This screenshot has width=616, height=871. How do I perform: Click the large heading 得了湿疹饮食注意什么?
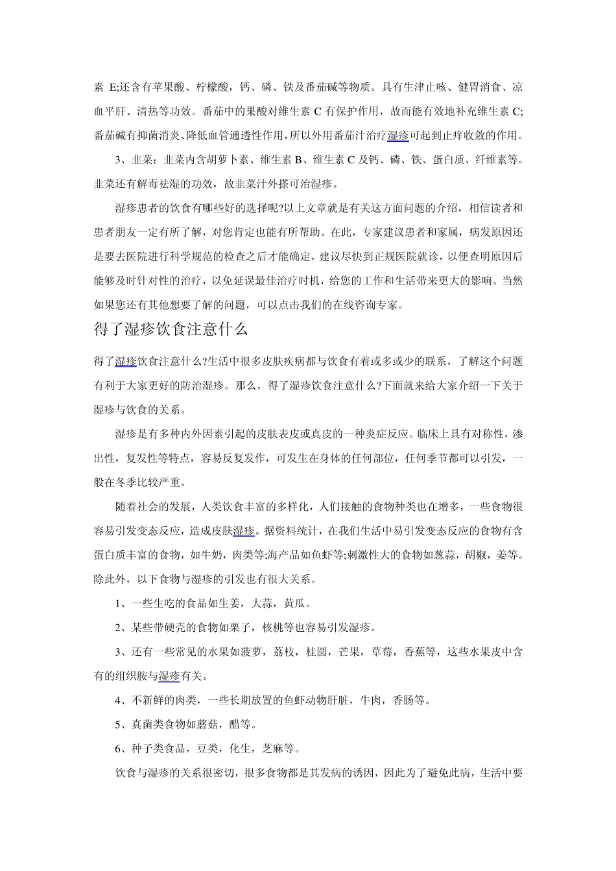[x=171, y=330]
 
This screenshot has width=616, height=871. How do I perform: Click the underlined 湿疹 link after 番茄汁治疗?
[x=398, y=135]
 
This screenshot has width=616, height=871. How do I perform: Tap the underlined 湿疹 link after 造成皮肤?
[x=244, y=531]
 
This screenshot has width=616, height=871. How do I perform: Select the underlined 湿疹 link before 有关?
[x=169, y=677]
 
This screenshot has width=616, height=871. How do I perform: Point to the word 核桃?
[x=273, y=628]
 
